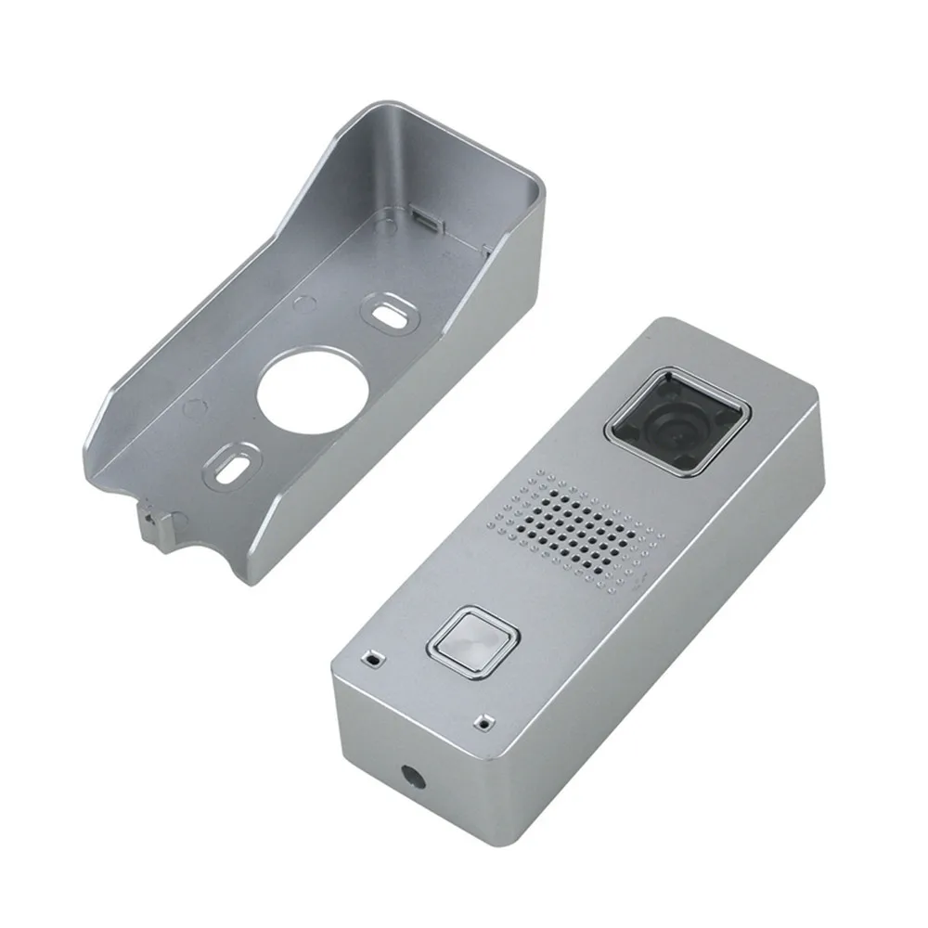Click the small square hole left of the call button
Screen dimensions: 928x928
pos(372,657)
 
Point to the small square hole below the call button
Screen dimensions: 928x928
pos(482,720)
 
